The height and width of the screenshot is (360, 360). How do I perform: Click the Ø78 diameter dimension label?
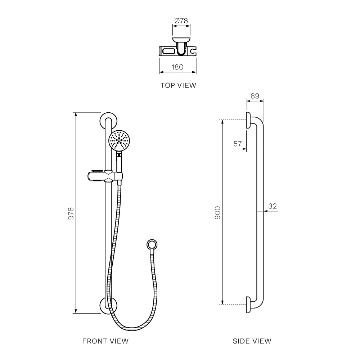tap(181, 21)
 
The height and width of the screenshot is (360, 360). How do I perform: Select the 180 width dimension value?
tap(177, 67)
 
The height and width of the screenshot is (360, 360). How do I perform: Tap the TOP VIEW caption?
tap(179, 85)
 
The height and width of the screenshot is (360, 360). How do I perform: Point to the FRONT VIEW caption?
tap(105, 341)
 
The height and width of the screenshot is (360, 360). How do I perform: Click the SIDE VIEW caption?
tap(252, 341)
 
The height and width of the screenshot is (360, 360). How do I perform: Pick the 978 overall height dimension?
tap(71, 213)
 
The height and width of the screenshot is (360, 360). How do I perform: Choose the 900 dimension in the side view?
tap(217, 213)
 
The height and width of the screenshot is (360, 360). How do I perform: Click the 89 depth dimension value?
tap(255, 96)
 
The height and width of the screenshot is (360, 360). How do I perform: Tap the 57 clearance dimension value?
tap(238, 144)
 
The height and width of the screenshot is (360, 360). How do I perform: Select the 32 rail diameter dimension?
tap(273, 206)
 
